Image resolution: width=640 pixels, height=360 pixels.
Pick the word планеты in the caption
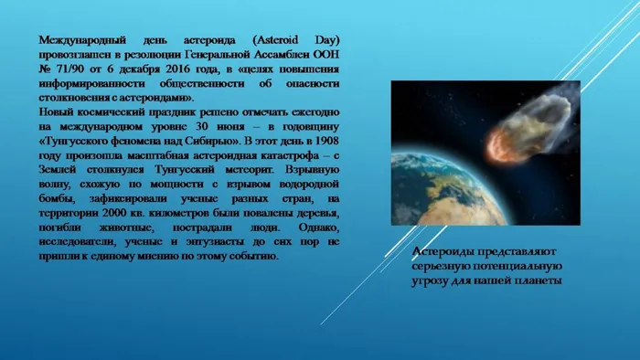pyautogui.click(x=536, y=281)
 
